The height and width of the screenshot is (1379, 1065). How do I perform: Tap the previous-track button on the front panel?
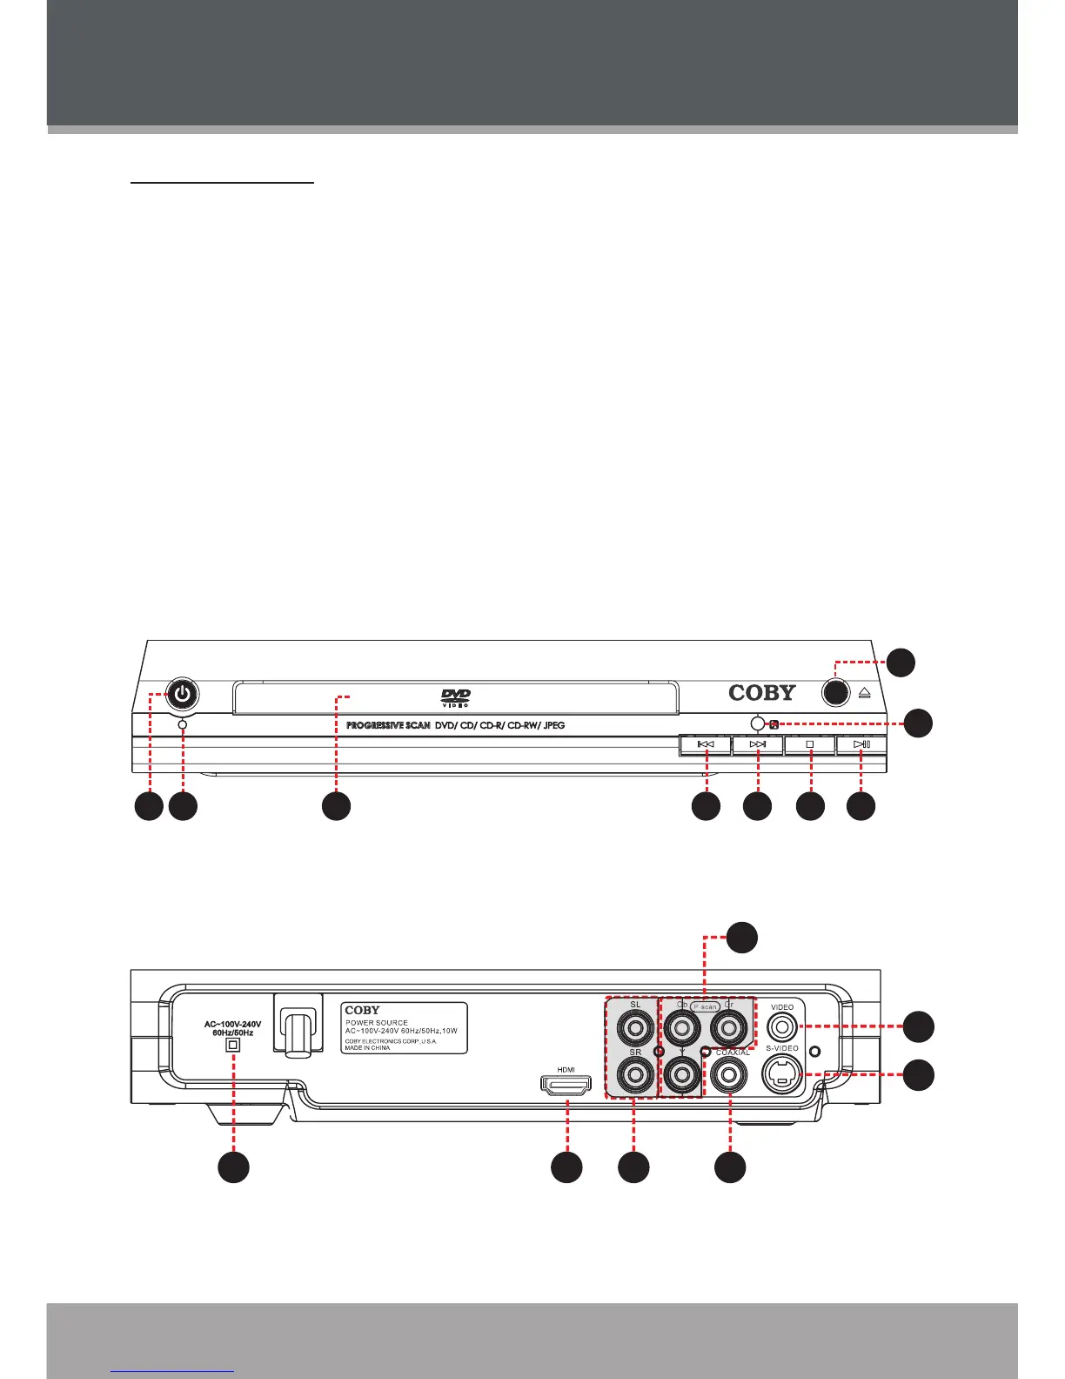pyautogui.click(x=706, y=745)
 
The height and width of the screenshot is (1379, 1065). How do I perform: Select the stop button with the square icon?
pyautogui.click(x=810, y=745)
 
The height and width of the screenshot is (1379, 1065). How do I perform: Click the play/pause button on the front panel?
pyautogui.click(x=861, y=745)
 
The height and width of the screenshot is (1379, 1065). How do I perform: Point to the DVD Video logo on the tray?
pyautogui.click(x=456, y=697)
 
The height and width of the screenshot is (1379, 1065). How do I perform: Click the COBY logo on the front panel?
pyautogui.click(x=762, y=693)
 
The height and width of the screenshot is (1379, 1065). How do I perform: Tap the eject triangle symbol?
pyautogui.click(x=864, y=694)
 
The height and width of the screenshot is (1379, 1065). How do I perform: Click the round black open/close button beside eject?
pyautogui.click(x=835, y=693)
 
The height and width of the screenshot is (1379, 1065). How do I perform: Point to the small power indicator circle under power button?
pyautogui.click(x=183, y=724)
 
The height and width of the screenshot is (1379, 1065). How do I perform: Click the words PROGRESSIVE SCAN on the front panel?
pyautogui.click(x=388, y=725)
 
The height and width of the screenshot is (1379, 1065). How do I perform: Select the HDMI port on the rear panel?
pyautogui.click(x=566, y=1086)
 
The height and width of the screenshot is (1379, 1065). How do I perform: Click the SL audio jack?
pyautogui.click(x=635, y=1029)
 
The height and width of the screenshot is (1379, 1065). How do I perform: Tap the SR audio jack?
pyautogui.click(x=635, y=1077)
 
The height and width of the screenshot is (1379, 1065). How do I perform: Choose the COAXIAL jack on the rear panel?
pyautogui.click(x=730, y=1077)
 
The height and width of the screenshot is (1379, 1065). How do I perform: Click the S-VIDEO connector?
pyautogui.click(x=782, y=1074)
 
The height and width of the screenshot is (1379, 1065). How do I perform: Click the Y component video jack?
pyautogui.click(x=682, y=1077)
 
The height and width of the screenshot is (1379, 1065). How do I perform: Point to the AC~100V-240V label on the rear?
pyautogui.click(x=232, y=1025)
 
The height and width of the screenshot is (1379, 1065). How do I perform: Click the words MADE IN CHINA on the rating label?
pyautogui.click(x=367, y=1048)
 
